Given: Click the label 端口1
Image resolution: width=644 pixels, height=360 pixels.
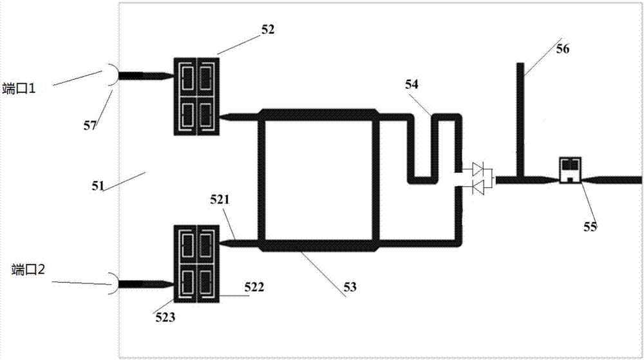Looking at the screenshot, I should (x=21, y=90).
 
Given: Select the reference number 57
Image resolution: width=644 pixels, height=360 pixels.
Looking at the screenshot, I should (x=91, y=124).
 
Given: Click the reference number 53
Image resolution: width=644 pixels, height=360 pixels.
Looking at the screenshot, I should (x=350, y=284).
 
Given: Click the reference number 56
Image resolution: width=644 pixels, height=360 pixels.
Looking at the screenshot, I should (x=562, y=48).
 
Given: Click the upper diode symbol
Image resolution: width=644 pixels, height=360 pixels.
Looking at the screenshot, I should (x=478, y=170).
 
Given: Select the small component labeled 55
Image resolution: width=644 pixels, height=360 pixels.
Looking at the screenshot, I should (x=570, y=170).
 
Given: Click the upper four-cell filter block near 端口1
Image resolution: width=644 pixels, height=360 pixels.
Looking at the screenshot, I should (x=196, y=97).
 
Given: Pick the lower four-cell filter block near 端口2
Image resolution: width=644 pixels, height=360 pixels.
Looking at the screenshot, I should (x=196, y=264).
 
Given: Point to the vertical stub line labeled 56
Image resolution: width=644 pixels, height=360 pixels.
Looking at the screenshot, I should (x=521, y=116).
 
